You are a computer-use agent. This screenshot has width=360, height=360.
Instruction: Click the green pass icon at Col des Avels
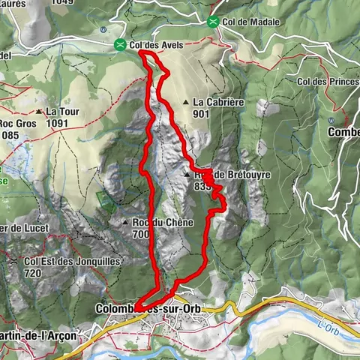(x=120, y=46)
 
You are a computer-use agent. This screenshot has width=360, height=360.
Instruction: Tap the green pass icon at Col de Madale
(x=214, y=22)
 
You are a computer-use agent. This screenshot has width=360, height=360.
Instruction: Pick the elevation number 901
(x=200, y=114)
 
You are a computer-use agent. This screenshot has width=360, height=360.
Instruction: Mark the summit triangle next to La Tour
(x=39, y=112)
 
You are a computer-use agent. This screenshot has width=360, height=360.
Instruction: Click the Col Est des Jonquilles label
(x=61, y=261)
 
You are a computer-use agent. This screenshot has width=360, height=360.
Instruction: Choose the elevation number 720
(x=33, y=273)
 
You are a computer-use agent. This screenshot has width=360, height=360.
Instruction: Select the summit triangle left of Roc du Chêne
(x=125, y=223)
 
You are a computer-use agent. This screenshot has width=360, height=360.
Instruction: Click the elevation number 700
(x=141, y=234)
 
